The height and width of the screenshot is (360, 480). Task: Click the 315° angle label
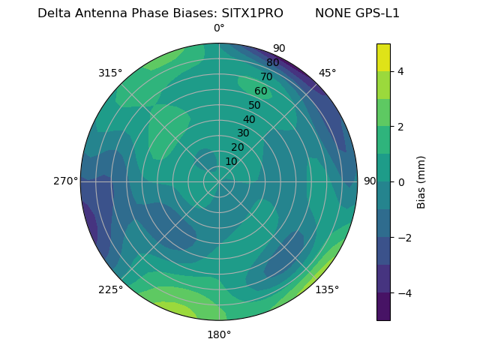pyautogui.click(x=109, y=73)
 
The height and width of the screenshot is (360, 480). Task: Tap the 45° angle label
pyautogui.click(x=327, y=73)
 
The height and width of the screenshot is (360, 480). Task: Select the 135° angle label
pyautogui.click(x=327, y=289)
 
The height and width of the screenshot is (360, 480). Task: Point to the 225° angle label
pyautogui.click(x=110, y=289)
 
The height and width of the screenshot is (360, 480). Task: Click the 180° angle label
pyautogui.click(x=219, y=334)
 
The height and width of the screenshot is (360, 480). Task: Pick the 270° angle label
pyautogui.click(x=65, y=181)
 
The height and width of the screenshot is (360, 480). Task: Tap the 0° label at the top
pyautogui.click(x=219, y=28)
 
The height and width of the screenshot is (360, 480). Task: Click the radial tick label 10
pyautogui.click(x=231, y=162)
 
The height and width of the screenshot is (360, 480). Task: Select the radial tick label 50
pyautogui.click(x=254, y=106)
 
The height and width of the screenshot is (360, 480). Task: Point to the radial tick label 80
pyautogui.click(x=272, y=63)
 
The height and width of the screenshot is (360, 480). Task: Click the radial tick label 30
pyautogui.click(x=243, y=133)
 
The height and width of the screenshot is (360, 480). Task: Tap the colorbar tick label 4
pyautogui.click(x=401, y=71)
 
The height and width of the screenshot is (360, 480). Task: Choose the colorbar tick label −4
pyautogui.click(x=401, y=292)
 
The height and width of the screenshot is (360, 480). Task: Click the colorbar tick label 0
pyautogui.click(x=401, y=181)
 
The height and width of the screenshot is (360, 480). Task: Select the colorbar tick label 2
pyautogui.click(x=401, y=127)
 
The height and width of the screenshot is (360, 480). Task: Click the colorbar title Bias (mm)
pyautogui.click(x=421, y=181)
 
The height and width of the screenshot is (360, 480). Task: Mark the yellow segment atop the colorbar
pyautogui.click(x=383, y=57)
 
